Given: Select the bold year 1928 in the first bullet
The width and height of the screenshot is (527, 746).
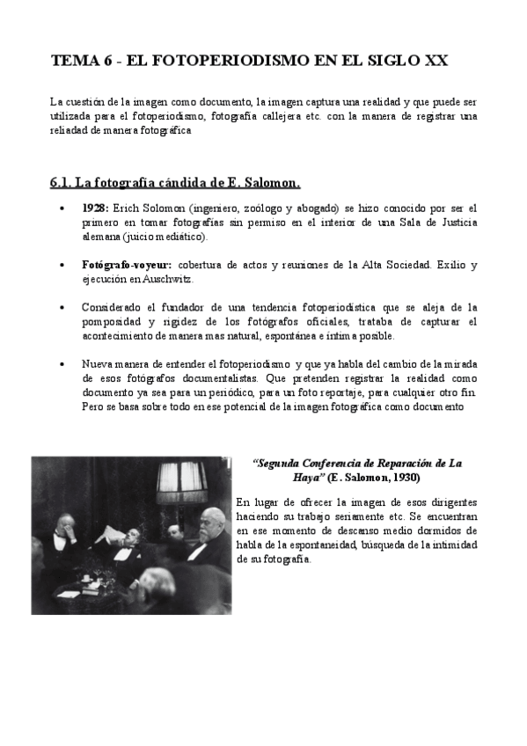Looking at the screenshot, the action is (94, 208).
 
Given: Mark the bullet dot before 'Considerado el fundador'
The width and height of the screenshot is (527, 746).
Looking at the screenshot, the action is (61, 308).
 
